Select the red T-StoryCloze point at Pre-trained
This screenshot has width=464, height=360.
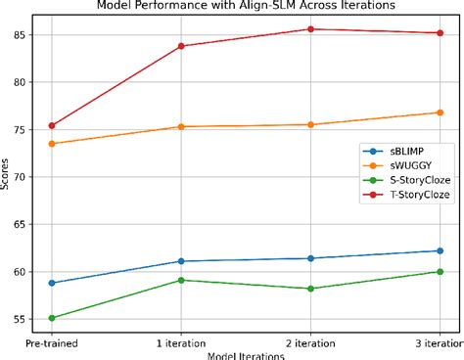click(x=51, y=125)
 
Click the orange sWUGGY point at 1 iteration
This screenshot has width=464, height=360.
click(x=181, y=126)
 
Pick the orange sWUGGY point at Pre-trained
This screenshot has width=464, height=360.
click(x=51, y=144)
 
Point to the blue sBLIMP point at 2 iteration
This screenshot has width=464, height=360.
click(x=310, y=258)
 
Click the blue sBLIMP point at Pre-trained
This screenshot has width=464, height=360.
click(x=51, y=283)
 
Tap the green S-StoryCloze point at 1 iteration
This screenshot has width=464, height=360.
click(x=181, y=280)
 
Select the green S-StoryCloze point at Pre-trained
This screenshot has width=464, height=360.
click(x=51, y=318)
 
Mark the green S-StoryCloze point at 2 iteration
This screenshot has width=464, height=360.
click(x=310, y=289)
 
